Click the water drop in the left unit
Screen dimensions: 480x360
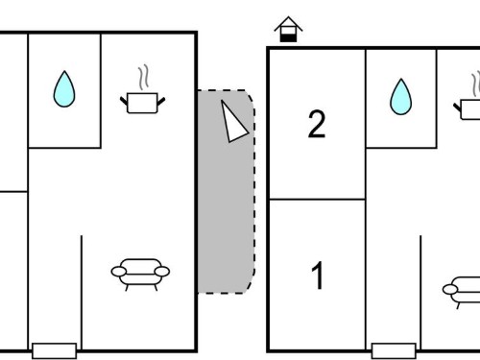coord(64,89)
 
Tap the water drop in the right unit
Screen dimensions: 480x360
coord(401,97)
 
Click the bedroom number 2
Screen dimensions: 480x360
coord(317,125)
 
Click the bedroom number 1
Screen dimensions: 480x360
coord(318,276)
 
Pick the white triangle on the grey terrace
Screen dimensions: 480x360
coord(234,122)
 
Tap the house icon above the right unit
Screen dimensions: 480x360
coord(288,29)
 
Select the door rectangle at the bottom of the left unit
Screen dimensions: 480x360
coord(55,350)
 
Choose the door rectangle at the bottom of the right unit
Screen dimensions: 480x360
coord(394,350)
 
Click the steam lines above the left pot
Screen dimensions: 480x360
coord(144,77)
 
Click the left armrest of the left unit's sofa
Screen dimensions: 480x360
coord(119,272)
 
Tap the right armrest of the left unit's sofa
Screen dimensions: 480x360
coord(162,272)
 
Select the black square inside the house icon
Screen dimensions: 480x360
coord(288,37)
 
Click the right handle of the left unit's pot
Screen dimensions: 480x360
coord(161,102)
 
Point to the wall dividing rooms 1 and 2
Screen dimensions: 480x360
coord(318,200)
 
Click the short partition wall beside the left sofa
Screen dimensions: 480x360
coord(82,293)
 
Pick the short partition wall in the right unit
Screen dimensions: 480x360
coord(420,293)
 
